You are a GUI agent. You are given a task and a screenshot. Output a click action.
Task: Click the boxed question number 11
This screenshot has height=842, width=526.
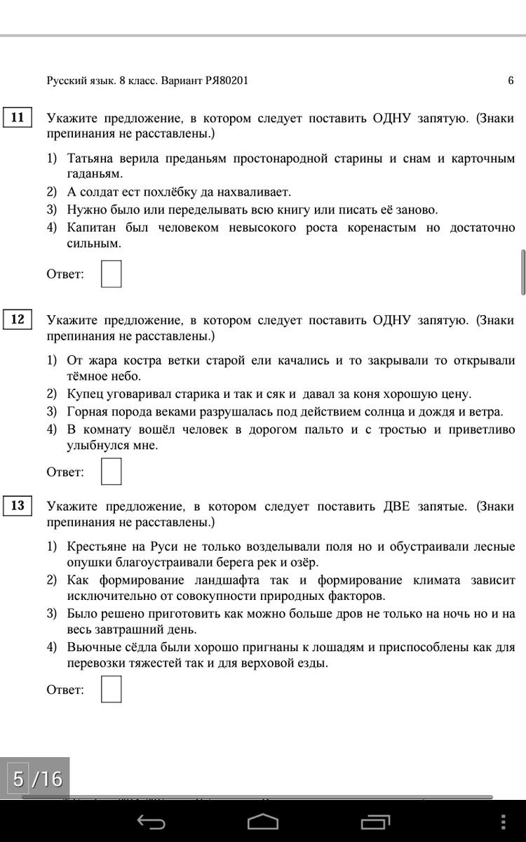[18, 117]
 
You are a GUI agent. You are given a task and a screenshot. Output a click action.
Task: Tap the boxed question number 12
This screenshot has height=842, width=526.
[18, 320]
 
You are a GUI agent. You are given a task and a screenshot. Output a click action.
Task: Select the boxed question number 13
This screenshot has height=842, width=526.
[18, 505]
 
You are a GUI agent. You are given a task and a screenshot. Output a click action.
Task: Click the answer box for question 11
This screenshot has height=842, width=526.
[111, 274]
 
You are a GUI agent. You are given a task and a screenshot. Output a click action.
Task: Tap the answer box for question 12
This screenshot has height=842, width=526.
[111, 472]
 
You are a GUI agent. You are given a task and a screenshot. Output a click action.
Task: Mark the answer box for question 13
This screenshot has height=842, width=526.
[111, 689]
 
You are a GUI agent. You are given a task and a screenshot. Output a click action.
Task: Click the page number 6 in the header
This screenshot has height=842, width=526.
[511, 81]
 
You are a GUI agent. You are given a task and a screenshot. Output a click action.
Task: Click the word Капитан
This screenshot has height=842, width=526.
[90, 228]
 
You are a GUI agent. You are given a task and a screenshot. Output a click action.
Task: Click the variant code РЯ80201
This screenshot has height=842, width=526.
[227, 81]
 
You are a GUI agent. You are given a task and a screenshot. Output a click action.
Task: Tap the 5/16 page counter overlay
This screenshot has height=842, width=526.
[37, 779]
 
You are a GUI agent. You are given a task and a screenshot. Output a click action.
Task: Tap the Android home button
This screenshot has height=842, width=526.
[263, 822]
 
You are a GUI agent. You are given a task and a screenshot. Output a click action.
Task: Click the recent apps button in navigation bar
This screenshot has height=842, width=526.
[375, 822]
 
